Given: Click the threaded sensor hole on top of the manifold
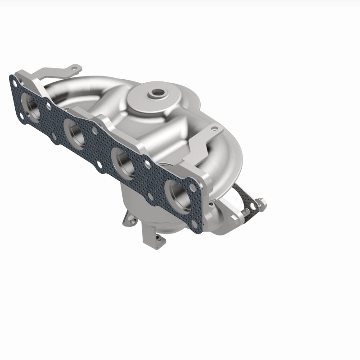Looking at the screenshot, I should pyautogui.click(x=158, y=93).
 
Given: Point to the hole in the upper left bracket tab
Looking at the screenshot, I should pyautogui.click(x=71, y=69).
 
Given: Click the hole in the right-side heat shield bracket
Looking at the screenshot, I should pyautogui.click(x=216, y=129).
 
